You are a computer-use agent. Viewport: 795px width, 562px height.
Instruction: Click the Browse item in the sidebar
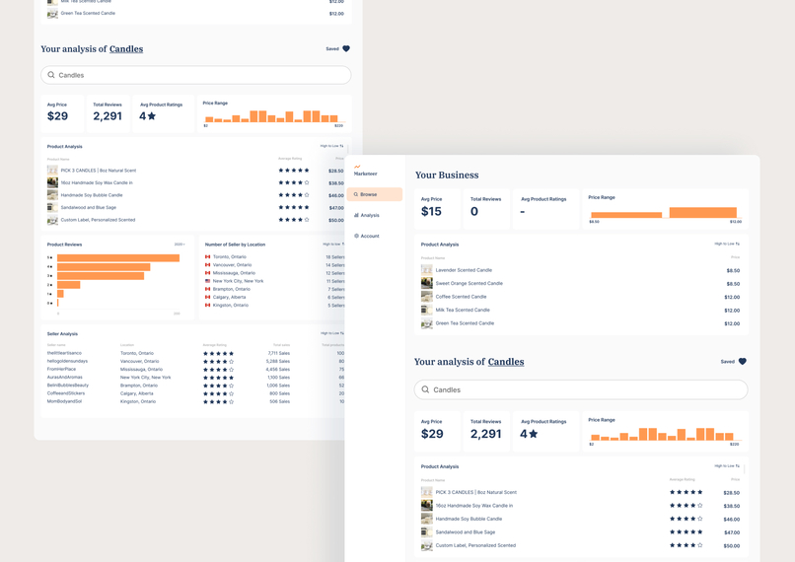368,194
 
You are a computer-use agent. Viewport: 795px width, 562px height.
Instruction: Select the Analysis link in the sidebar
369,215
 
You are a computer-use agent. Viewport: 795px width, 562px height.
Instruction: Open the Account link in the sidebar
369,236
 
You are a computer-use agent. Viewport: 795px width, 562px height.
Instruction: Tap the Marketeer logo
365,171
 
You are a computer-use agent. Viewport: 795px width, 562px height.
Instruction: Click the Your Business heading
447,176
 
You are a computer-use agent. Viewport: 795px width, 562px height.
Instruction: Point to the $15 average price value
431,212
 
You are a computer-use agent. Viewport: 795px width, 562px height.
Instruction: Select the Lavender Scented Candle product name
464,270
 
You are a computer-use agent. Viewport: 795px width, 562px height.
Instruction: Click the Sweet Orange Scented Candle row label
469,283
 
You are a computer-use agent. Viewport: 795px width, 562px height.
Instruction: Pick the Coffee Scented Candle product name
461,297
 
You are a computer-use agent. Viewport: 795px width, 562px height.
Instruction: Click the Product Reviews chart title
64,245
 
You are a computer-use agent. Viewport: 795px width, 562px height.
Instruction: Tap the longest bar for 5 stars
118,258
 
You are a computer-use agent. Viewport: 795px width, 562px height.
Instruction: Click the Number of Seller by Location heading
235,245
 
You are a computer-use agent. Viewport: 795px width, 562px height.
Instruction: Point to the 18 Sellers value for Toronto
335,257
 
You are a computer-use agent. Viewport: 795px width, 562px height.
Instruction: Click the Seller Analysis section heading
62,334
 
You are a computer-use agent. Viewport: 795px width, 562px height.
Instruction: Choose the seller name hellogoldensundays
67,361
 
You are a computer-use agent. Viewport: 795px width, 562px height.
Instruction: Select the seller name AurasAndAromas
65,378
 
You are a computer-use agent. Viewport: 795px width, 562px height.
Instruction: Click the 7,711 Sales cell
278,353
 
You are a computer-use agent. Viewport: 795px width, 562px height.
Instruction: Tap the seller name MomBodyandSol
64,401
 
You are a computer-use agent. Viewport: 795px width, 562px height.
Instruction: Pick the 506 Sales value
279,401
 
